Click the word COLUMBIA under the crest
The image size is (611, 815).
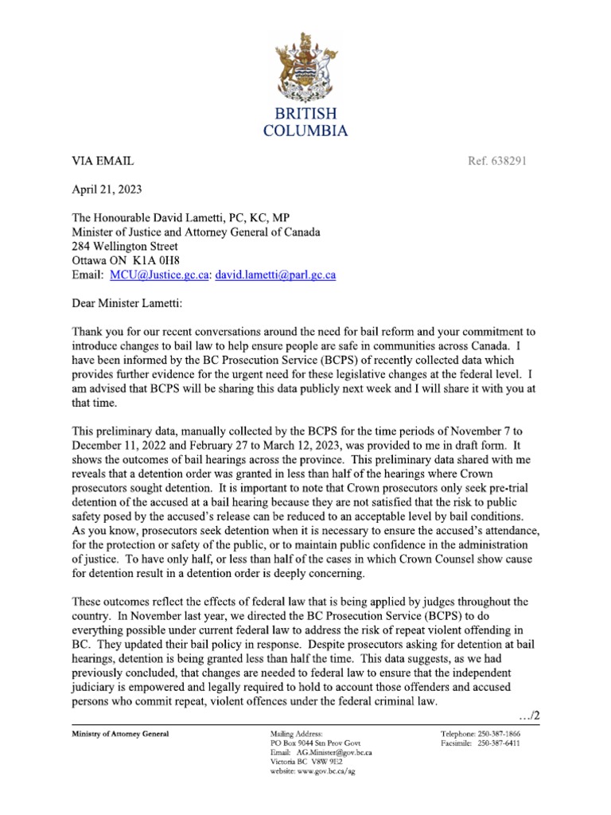[305, 131]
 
